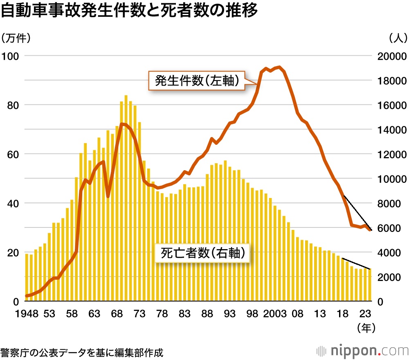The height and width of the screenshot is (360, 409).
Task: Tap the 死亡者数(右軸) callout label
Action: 203,253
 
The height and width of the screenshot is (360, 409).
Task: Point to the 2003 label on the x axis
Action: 275,314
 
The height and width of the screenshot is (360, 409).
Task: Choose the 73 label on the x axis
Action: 139,314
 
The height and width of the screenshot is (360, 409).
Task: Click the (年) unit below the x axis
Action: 366,327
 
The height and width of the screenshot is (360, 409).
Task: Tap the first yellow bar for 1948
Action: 27,278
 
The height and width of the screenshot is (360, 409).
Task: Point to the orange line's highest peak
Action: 279,67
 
